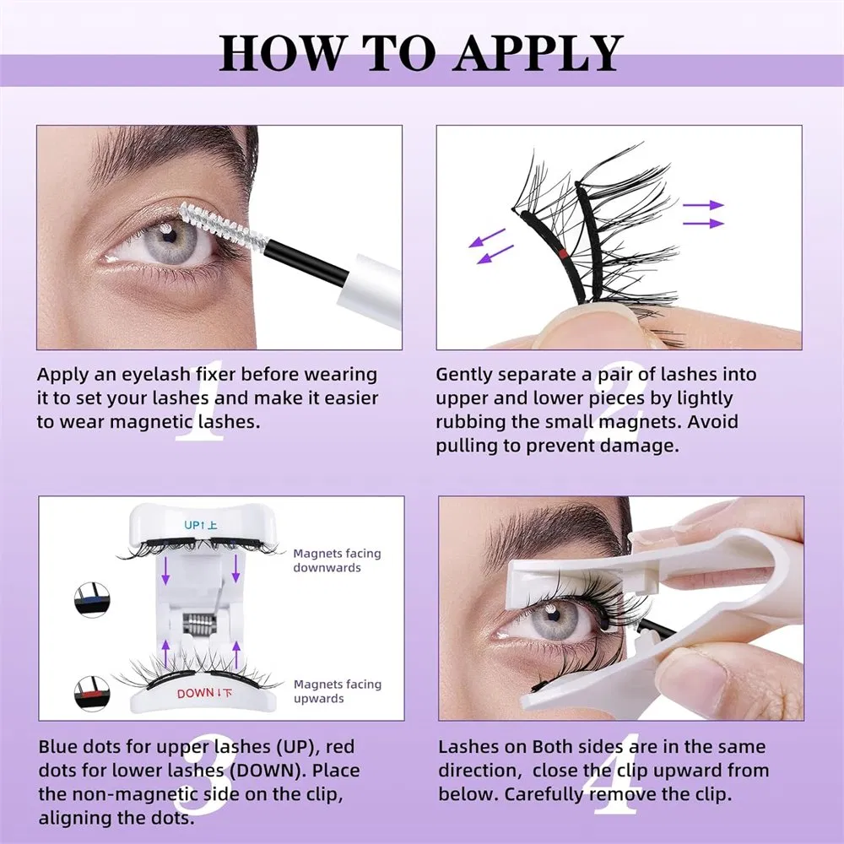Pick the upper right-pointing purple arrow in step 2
[703, 205]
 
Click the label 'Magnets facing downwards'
[337, 560]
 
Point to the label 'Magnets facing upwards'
[337, 691]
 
